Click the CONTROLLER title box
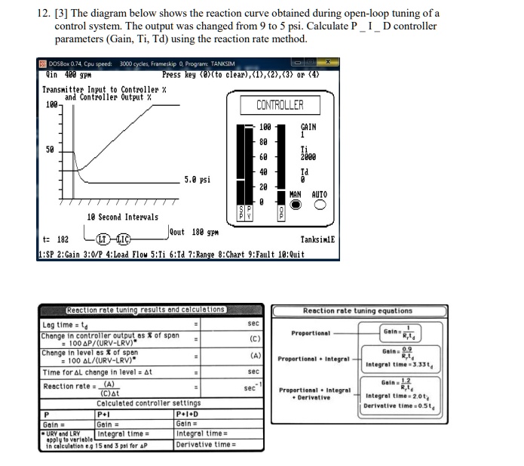tap(280, 105)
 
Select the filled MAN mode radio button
tap(296, 205)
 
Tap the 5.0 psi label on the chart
tap(197, 180)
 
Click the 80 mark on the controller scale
tap(263, 141)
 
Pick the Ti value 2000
tap(308, 158)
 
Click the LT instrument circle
tap(97, 241)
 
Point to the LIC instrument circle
tap(121, 241)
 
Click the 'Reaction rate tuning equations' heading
tap(357, 310)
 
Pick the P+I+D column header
tap(185, 414)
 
